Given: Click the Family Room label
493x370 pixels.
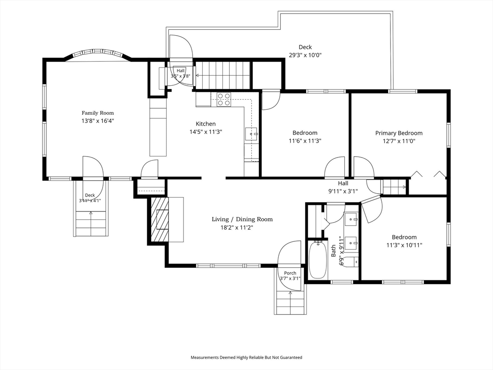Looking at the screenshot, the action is [98, 113].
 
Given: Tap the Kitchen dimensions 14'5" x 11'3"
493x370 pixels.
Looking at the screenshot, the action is [206, 132].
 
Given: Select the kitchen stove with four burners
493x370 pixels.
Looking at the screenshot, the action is [223, 99].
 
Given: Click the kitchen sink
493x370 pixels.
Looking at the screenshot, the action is [251, 134].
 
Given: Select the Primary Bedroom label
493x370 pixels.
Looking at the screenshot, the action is [399, 133].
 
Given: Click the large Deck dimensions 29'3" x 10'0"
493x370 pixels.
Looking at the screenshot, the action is [305, 55].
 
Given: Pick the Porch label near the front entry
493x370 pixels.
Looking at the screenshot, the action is [290, 273].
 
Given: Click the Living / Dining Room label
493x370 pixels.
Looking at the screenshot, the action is [242, 219].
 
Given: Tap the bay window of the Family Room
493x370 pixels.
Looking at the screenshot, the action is [97, 54].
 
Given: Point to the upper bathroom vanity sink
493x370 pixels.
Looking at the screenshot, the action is [351, 219].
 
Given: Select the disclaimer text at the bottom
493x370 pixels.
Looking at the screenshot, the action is [246, 357].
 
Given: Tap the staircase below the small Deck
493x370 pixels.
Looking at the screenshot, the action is [91, 224].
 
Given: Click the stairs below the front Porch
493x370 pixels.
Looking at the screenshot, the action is [290, 303].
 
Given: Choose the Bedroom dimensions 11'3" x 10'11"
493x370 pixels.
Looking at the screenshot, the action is [404, 245].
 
